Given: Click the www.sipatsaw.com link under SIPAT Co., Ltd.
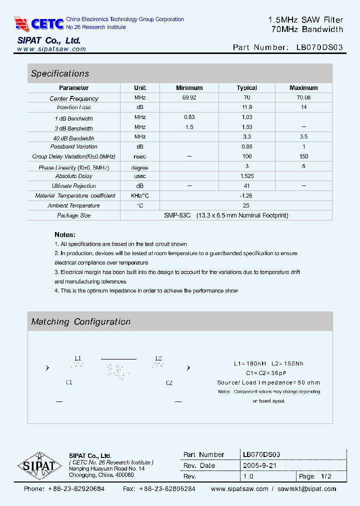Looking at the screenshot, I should pos(51,49).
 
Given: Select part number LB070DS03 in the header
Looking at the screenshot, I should pos(319,48).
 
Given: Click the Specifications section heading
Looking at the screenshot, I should pos(60,73).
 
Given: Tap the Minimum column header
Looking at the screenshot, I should pos(189,88).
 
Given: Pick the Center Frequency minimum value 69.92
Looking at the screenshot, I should pos(189,98).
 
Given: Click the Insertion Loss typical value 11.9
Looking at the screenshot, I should pos(247,107).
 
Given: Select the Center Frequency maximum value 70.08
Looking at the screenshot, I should pos(303,98).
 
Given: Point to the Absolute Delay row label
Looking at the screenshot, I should pos(74,176).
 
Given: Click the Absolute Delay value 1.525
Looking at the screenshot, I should pos(247,176).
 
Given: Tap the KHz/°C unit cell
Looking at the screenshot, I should pos(140,195).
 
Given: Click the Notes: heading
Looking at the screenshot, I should pos(65,234).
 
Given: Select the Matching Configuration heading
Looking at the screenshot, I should pos(80,322).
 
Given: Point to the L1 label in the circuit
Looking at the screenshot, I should pos(77,358).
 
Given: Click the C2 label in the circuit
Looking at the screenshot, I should pos(169,382).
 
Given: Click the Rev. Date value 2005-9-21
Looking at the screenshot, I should pos(259,465).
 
